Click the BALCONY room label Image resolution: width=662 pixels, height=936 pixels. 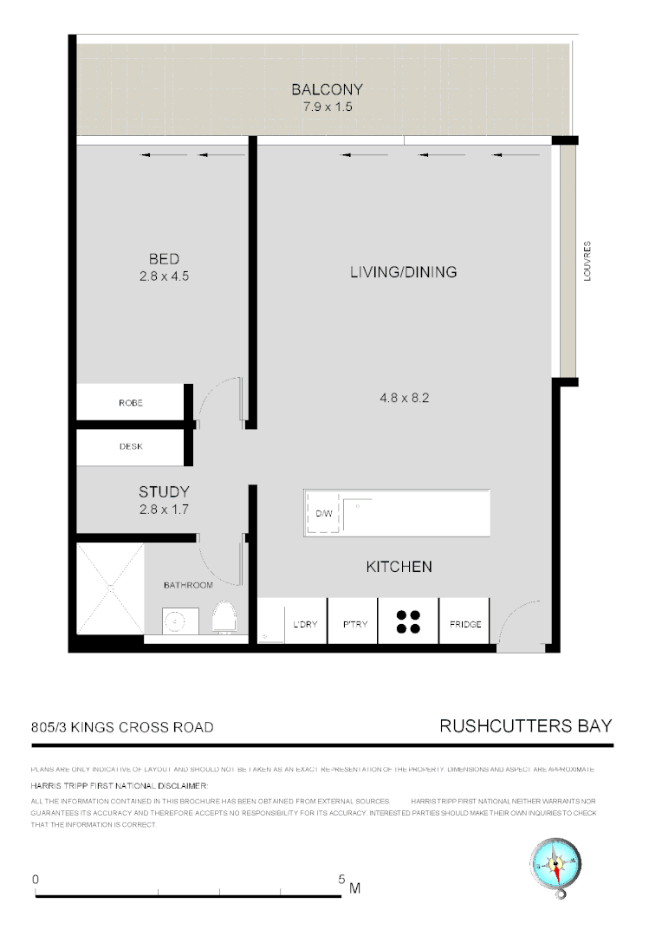click(327, 89)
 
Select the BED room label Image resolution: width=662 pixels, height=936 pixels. click(164, 259)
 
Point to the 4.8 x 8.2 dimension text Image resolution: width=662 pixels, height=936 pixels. click(405, 399)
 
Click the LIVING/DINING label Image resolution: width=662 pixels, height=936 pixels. click(403, 272)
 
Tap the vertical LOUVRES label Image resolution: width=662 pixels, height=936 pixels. click(587, 263)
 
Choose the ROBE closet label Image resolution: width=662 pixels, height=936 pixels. click(131, 403)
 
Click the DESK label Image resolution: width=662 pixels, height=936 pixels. click(131, 447)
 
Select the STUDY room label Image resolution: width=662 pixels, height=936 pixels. click(164, 492)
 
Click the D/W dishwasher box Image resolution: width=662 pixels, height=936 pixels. click(323, 514)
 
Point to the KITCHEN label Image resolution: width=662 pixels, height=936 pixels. click(399, 567)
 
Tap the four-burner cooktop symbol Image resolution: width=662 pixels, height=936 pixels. click(408, 621)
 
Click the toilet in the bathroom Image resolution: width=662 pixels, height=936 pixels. click(224, 618)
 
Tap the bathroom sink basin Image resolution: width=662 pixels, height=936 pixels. click(176, 621)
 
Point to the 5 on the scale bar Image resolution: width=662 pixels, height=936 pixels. click(341, 879)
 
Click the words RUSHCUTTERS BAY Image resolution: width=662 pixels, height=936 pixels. click(526, 726)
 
